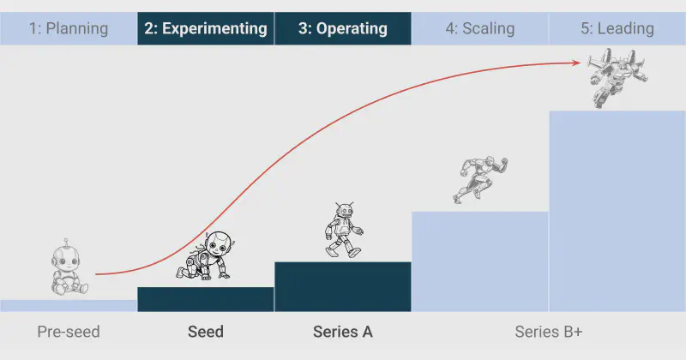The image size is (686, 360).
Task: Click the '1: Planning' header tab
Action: [69, 28]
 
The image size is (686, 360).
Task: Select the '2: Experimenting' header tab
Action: [206, 28]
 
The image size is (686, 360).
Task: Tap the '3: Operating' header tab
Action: [343, 28]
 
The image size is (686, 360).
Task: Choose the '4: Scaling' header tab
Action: [480, 28]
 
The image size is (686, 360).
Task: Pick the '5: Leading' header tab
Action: [617, 28]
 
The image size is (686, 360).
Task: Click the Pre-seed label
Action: [69, 332]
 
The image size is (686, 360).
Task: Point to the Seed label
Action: [206, 332]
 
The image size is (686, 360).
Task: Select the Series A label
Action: [343, 332]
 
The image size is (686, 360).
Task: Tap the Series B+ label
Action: [549, 332]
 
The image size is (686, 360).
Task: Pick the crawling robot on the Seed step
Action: [206, 257]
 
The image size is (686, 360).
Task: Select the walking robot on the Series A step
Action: [343, 230]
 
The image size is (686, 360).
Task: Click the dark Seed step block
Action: [206, 299]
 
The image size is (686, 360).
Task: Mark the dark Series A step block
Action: [343, 286]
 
